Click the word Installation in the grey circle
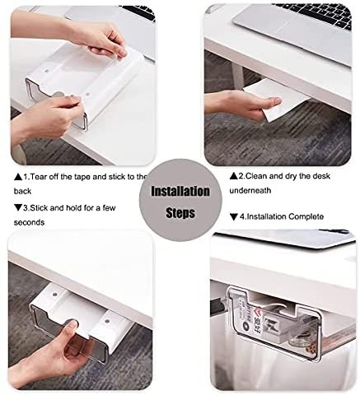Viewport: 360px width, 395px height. [x=180, y=192]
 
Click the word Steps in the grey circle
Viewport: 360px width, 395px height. [x=180, y=212]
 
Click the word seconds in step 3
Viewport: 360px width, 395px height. [x=28, y=222]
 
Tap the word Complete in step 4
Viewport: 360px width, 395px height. [x=305, y=216]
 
